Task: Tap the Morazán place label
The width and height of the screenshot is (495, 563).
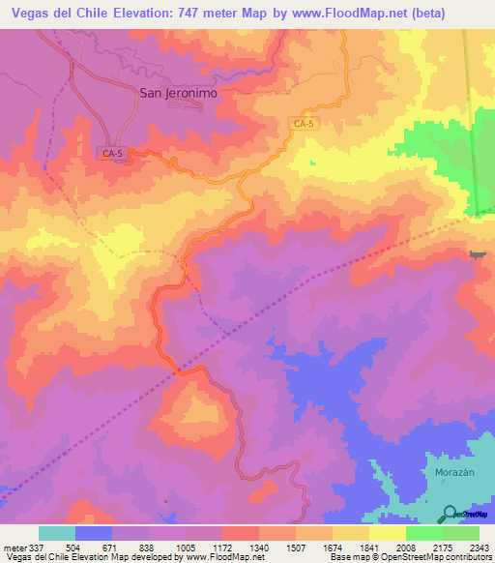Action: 446,471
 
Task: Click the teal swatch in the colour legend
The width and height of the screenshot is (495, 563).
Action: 57,533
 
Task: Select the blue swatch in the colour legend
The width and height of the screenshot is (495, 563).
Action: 94,533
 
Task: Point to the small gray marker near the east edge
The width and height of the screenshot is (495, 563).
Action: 476,254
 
